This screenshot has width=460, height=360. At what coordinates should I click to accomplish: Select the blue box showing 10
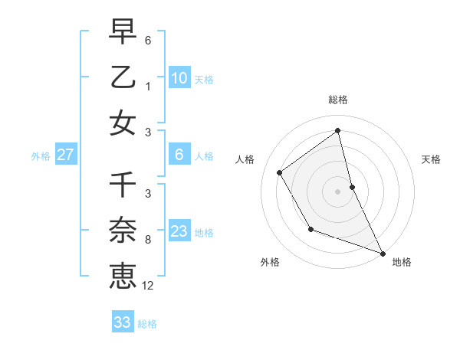[x=179, y=78]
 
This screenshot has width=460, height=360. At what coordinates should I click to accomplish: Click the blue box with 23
[x=179, y=232]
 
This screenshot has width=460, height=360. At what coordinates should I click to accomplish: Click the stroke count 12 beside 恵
[x=148, y=286]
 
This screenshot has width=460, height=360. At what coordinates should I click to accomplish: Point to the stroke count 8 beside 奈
[x=148, y=240]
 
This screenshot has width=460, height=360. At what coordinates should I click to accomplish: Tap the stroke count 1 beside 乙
[x=148, y=86]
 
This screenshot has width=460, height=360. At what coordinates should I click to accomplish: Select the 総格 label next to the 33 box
[x=147, y=324]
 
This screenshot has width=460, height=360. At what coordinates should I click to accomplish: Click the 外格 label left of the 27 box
[x=41, y=156]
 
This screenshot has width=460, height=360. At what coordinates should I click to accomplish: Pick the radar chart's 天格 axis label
[x=432, y=159]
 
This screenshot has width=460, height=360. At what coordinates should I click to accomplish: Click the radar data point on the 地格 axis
[x=383, y=253]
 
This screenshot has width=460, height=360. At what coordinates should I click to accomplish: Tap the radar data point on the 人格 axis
[x=280, y=172]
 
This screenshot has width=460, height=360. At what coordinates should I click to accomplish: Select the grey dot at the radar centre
[x=338, y=191]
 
